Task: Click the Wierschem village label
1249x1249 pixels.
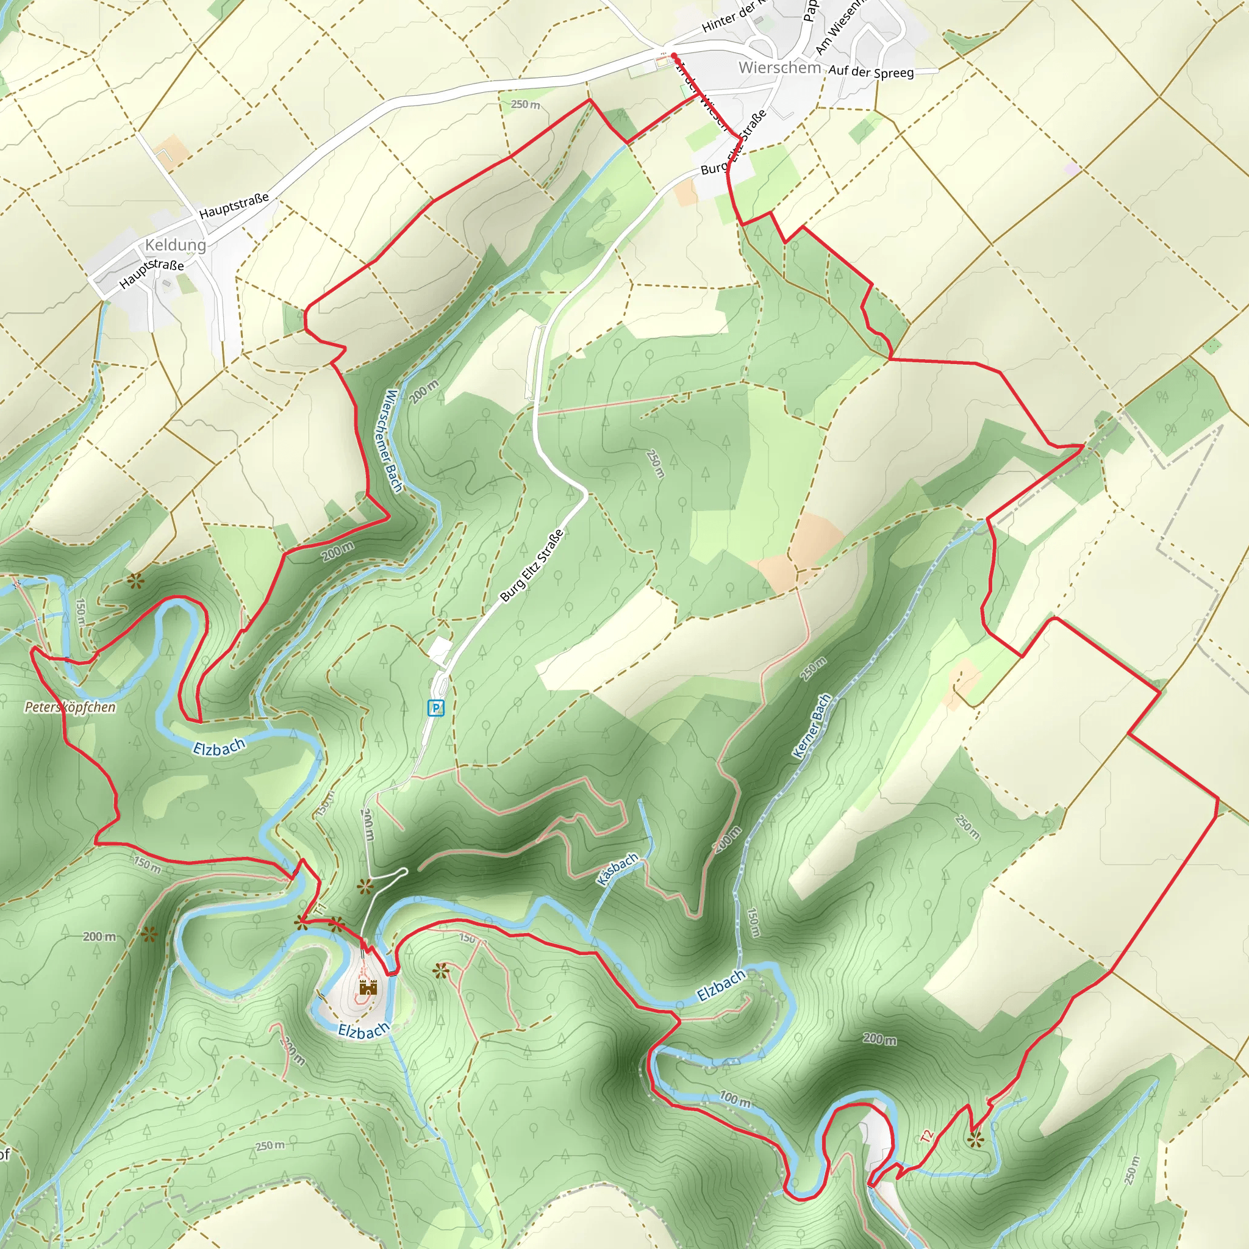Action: (x=779, y=67)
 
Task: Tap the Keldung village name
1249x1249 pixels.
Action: (x=175, y=245)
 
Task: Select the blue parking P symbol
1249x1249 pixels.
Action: (x=435, y=708)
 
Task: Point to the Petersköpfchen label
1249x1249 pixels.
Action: (x=70, y=707)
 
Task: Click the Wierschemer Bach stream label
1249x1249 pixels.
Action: (x=393, y=440)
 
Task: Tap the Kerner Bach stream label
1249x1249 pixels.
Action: (x=811, y=726)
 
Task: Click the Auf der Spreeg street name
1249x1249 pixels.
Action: (x=871, y=71)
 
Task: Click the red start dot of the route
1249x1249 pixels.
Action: (x=674, y=55)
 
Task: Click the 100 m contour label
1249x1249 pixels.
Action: (x=735, y=1098)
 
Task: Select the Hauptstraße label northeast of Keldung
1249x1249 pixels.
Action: (x=234, y=206)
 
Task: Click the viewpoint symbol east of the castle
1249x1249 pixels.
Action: (x=440, y=970)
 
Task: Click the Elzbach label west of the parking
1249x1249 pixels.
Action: (x=219, y=746)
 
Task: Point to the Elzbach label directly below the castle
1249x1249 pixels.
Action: (x=363, y=1031)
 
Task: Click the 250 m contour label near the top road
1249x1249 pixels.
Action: (x=525, y=104)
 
